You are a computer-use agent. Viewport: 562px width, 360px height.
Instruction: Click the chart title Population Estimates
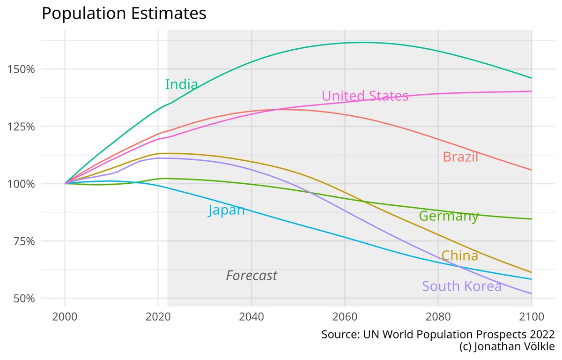(x=124, y=13)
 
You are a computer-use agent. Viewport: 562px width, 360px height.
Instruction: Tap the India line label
(x=181, y=85)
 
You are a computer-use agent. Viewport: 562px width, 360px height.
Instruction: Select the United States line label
(x=365, y=96)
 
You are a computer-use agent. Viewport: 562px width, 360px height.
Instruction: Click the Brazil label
(x=460, y=157)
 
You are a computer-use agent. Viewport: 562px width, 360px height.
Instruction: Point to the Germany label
(x=448, y=216)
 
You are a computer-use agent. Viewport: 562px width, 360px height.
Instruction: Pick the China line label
(x=459, y=256)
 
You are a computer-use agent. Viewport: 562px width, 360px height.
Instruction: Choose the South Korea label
(x=461, y=286)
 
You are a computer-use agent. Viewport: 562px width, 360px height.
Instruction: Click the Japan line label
(x=226, y=210)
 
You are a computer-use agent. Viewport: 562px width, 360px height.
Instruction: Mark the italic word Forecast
(x=251, y=276)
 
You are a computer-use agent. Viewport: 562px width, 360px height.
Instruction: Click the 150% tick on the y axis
(x=22, y=69)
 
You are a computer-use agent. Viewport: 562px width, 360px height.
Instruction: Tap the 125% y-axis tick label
(x=22, y=127)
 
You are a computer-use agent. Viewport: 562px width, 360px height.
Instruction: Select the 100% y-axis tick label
(x=22, y=184)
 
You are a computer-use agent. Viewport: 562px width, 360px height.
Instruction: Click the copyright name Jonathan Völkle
(x=514, y=347)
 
